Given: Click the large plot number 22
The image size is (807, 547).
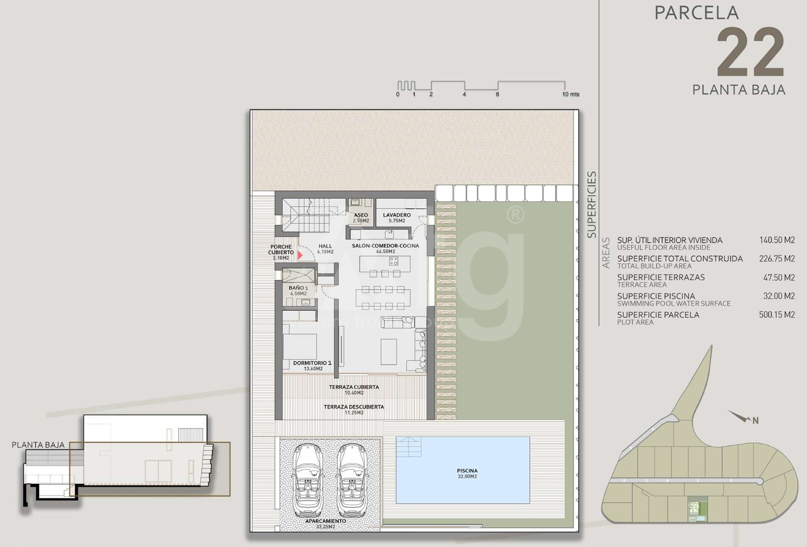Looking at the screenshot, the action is (751, 52).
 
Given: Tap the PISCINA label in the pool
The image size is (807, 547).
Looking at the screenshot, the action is (467, 471).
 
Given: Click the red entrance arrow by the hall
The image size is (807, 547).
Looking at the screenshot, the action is (300, 255).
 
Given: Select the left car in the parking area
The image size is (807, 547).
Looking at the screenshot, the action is (308, 480).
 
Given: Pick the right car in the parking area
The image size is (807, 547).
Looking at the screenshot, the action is (352, 480).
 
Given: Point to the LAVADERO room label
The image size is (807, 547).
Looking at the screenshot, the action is (397, 215).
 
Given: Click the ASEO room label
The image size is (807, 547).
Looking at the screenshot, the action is (361, 215).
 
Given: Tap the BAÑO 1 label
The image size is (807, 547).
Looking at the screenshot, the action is (298, 288).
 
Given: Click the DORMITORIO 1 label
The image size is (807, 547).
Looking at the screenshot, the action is (312, 363).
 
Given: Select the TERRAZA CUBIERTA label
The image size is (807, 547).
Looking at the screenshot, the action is (354, 387).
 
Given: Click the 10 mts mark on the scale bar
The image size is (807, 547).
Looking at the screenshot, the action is (570, 94).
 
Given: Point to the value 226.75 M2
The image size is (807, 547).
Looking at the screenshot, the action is (777, 259).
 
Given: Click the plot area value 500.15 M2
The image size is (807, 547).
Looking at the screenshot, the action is (777, 315).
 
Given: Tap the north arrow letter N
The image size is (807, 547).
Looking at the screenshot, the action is (756, 421).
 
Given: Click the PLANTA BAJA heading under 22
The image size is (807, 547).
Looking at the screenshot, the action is (739, 90).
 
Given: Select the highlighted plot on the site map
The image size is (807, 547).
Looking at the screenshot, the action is (698, 510).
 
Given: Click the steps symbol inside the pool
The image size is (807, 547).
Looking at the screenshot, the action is (409, 447).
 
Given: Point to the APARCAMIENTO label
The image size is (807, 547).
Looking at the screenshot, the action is (326, 521).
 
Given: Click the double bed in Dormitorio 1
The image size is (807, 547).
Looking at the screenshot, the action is (300, 346).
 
